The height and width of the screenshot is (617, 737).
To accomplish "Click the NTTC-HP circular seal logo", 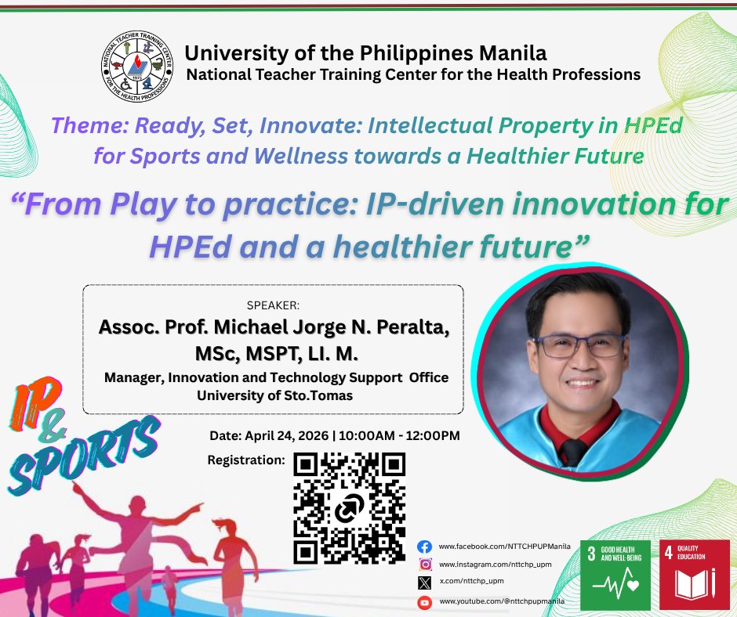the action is (137, 67).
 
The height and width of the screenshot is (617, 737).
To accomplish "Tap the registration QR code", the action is (349, 508).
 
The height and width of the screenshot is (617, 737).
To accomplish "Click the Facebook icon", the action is (424, 547).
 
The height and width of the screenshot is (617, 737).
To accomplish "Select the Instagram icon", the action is (425, 565).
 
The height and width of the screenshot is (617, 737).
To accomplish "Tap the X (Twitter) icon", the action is (424, 583).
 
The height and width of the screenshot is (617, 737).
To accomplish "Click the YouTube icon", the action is (424, 602).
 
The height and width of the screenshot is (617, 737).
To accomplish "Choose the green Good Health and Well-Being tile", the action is (615, 575).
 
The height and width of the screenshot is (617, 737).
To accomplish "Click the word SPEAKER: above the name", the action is (273, 305).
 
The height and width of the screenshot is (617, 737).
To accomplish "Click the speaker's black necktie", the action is (573, 452).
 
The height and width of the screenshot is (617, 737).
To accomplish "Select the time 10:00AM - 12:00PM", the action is (399, 436).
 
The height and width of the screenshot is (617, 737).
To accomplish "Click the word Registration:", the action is (246, 460).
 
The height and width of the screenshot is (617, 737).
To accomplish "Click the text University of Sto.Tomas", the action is (275, 395).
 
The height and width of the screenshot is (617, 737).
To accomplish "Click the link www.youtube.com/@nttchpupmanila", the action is (502, 601).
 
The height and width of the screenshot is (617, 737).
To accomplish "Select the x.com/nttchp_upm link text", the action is (471, 581).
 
